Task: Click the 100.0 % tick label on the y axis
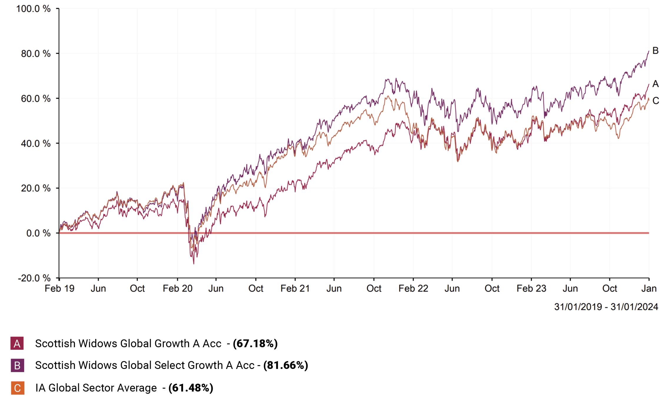33,9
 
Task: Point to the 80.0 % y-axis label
36,54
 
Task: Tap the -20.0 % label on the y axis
34,278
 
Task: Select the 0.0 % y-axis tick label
38,233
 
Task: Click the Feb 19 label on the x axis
59,289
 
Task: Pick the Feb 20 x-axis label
177,289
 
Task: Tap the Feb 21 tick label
295,289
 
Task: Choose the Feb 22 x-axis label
413,289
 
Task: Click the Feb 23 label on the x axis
531,289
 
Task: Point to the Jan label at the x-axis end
649,289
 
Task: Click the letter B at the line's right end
655,51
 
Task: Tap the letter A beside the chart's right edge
655,84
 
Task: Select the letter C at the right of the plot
656,101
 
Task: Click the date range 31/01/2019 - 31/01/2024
606,307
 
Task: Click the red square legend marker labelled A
17,343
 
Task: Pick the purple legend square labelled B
17,365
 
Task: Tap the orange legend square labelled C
17,388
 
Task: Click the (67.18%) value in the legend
255,343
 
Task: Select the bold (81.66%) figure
285,365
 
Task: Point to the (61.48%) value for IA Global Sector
191,388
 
